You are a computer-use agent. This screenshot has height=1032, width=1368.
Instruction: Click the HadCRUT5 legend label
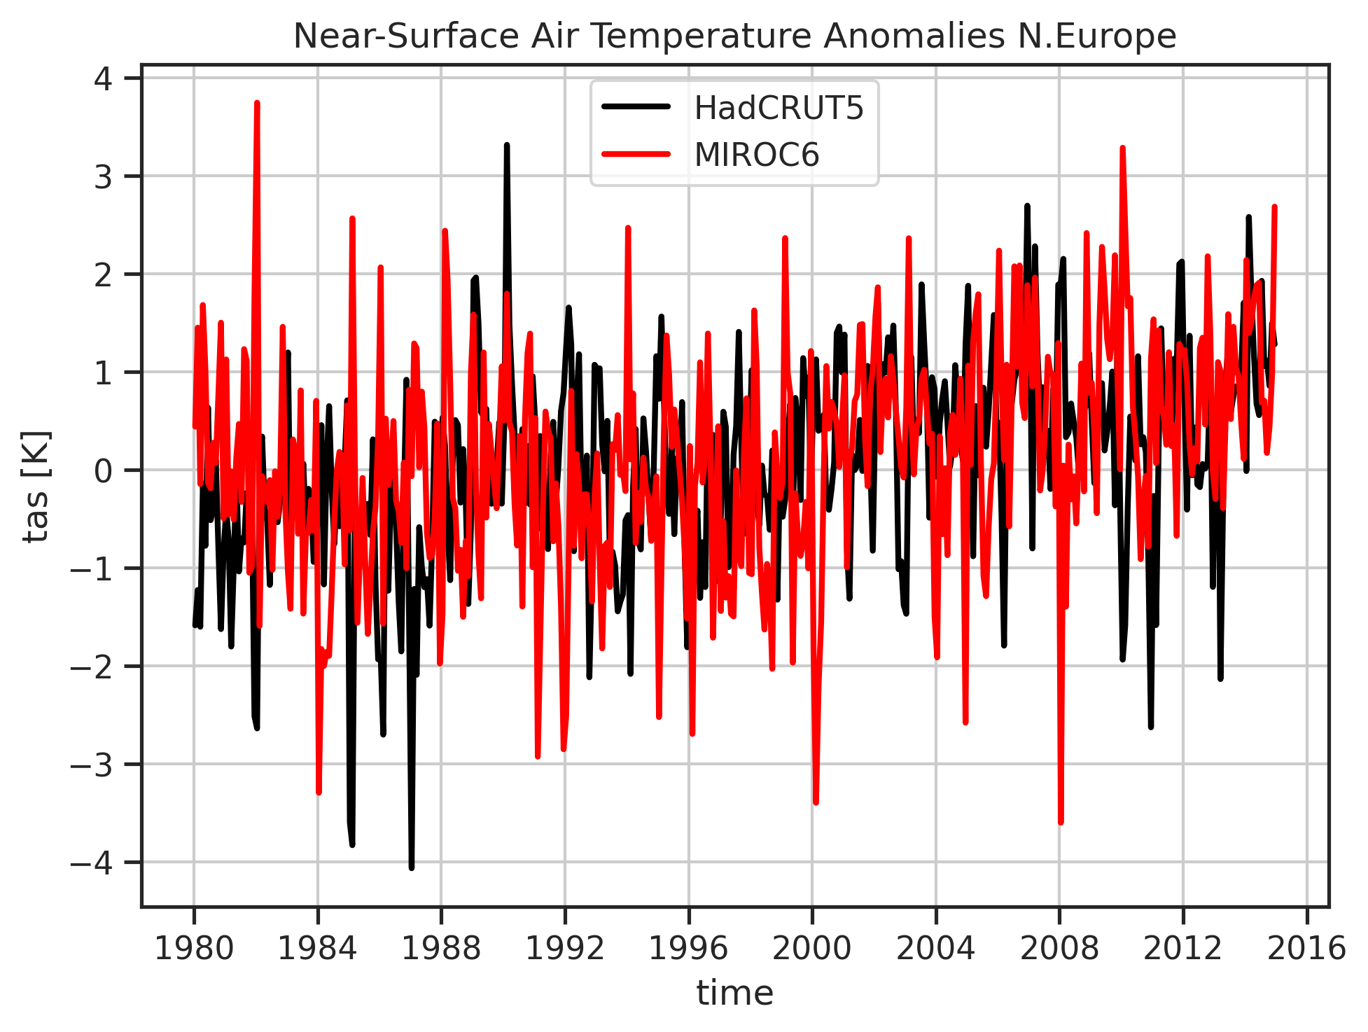pos(779,109)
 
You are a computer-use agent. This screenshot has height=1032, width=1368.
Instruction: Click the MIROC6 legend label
pos(756,155)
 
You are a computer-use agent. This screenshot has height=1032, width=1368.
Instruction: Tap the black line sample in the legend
pos(636,107)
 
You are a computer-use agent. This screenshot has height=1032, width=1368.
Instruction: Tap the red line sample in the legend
pos(636,154)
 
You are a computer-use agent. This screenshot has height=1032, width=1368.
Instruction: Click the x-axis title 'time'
pos(734,993)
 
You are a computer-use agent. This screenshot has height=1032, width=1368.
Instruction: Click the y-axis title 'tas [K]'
pos(36,486)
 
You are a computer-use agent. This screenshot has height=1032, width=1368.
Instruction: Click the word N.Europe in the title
pos(1107,36)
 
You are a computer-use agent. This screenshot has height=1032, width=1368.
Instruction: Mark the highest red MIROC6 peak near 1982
pos(257,103)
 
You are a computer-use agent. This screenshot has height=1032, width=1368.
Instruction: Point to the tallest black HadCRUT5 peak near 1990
pos(506,145)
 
